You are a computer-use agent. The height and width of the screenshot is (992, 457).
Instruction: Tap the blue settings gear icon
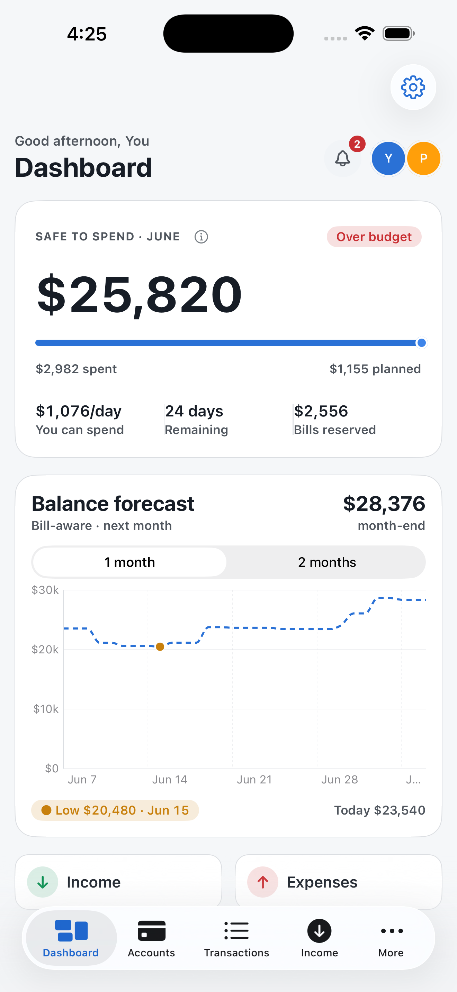pyautogui.click(x=413, y=87)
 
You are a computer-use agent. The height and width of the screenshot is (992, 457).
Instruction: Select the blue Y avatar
pyautogui.click(x=388, y=158)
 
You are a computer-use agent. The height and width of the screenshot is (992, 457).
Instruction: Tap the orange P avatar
pyautogui.click(x=423, y=158)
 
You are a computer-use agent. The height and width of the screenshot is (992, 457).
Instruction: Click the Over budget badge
pyautogui.click(x=374, y=237)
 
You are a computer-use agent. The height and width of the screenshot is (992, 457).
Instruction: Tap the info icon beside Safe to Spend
pyautogui.click(x=201, y=237)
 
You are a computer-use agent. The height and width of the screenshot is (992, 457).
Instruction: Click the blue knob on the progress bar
pyautogui.click(x=422, y=343)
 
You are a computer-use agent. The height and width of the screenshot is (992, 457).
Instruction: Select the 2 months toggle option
pyautogui.click(x=327, y=562)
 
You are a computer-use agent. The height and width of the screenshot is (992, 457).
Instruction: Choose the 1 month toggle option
pyautogui.click(x=129, y=562)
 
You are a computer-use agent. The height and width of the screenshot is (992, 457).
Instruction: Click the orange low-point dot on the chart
pyautogui.click(x=160, y=646)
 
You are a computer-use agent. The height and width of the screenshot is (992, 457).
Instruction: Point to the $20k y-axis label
pyautogui.click(x=45, y=650)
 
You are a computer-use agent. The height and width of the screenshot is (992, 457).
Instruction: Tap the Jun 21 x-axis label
pyautogui.click(x=254, y=779)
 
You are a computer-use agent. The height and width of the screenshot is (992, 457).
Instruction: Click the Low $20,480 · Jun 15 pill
pyautogui.click(x=115, y=810)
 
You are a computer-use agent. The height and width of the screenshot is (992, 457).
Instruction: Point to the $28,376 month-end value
pyautogui.click(x=384, y=503)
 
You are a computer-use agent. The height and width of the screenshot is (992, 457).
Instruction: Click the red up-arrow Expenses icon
pyautogui.click(x=263, y=882)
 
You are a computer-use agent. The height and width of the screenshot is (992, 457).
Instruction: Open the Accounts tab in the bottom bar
pyautogui.click(x=151, y=938)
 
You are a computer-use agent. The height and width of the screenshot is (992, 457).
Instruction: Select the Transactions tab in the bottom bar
pyautogui.click(x=236, y=938)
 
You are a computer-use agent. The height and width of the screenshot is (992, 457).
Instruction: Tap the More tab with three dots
pyautogui.click(x=391, y=938)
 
